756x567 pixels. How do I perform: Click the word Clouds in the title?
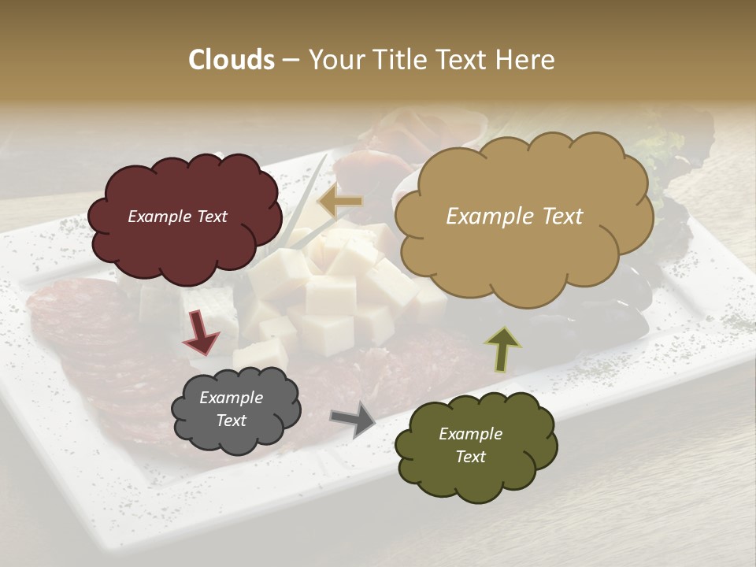click(x=231, y=60)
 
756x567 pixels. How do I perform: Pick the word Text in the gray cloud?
click(x=232, y=421)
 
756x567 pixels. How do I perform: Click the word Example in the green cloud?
click(x=470, y=434)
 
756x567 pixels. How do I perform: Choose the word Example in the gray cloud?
click(x=232, y=398)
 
